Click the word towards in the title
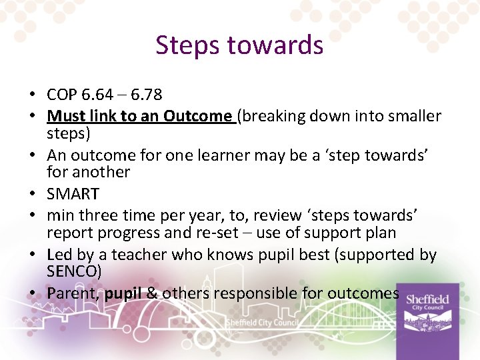(275, 45)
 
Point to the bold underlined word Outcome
(197, 116)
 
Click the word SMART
(73, 194)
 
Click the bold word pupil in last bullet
(123, 293)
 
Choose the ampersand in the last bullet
(152, 293)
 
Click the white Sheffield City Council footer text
(261, 323)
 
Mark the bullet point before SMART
(37, 195)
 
